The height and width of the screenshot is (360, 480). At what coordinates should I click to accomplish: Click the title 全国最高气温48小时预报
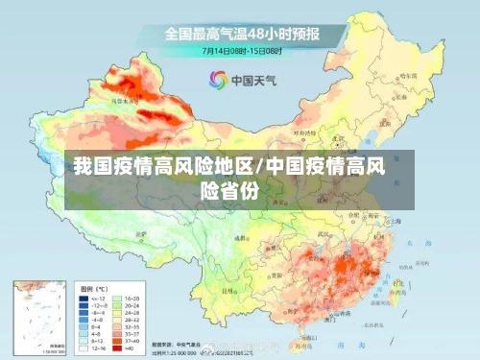(x=241, y=33)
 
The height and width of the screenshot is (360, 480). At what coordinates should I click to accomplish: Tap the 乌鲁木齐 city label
(x=123, y=98)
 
